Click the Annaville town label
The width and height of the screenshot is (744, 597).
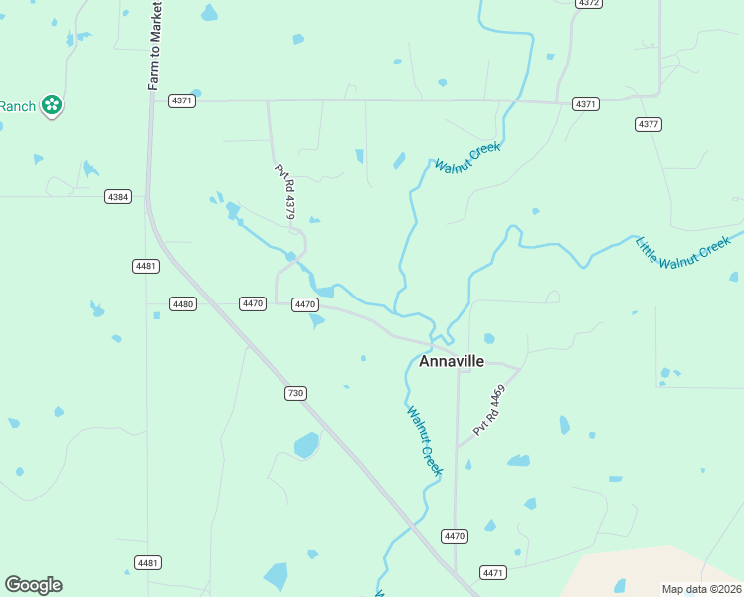pos(452,361)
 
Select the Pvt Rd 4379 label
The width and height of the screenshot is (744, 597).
pos(285,192)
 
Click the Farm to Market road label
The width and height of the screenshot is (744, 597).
pos(155,46)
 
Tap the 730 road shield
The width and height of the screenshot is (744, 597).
pos(295,393)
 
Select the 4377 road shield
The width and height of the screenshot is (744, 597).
pos(649,124)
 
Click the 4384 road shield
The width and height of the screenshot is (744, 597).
pos(118,197)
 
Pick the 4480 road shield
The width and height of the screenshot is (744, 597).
pos(182,303)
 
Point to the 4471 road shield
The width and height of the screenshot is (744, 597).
pos(493,572)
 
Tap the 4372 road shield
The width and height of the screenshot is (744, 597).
pos(589,3)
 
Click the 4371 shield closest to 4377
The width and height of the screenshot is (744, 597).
pos(586,104)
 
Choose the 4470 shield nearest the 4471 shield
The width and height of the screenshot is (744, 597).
pos(455,536)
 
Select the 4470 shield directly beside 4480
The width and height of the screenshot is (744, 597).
pos(253,303)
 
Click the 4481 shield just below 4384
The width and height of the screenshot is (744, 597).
pos(146,266)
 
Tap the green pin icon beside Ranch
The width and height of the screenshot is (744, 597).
pos(52,104)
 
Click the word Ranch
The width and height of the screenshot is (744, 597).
pos(17,106)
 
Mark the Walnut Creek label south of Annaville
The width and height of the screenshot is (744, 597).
pos(424,438)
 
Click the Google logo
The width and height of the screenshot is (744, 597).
pos(33,585)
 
